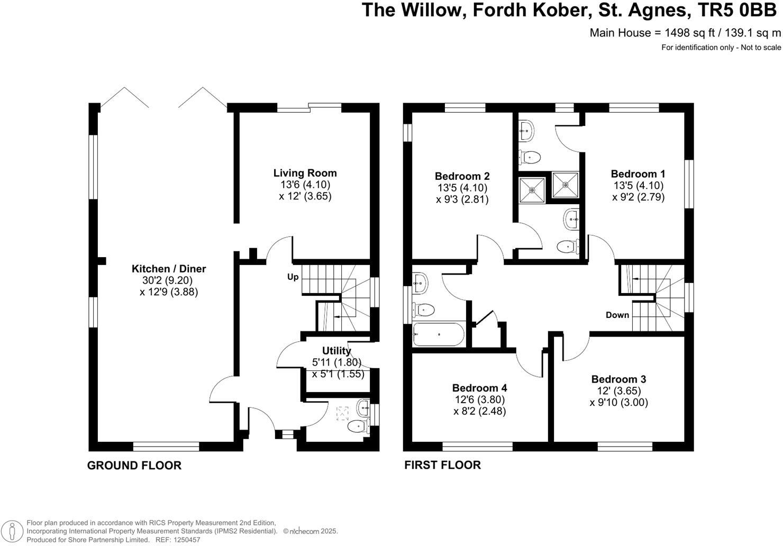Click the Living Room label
305,173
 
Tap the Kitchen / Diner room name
169,269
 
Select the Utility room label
336,351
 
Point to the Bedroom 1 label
638,174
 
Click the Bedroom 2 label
462,176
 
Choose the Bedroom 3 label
618,379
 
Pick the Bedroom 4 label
479,388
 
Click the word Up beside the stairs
293,277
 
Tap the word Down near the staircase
617,315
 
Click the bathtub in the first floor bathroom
439,334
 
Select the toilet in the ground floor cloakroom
358,425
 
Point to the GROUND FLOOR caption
134,466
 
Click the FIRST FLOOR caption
442,465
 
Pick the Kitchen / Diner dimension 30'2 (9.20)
169,280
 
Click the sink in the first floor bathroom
420,284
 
